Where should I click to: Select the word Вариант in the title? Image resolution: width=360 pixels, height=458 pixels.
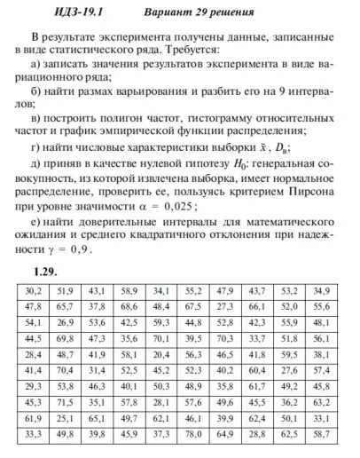pos(166,14)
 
